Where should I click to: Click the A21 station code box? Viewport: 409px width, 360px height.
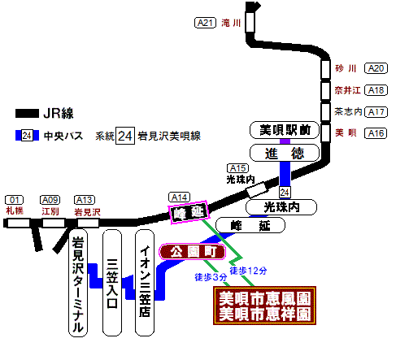click(205, 23)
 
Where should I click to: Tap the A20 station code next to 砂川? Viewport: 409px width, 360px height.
click(376, 68)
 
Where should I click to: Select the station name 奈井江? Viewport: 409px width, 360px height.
click(347, 90)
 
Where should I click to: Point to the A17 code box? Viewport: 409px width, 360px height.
click(376, 112)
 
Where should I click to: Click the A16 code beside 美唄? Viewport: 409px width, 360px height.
click(376, 133)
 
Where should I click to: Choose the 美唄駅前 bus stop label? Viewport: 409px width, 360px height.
click(285, 130)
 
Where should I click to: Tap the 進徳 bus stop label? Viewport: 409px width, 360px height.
click(285, 153)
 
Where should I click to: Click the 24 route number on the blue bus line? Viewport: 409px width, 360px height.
click(285, 193)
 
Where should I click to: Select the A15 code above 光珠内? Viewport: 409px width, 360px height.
click(237, 168)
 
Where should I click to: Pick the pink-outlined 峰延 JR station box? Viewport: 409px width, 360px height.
click(189, 212)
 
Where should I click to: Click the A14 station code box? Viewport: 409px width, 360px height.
click(179, 197)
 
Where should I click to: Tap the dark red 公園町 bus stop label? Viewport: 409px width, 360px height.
click(192, 252)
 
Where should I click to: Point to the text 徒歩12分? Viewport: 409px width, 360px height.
click(248, 271)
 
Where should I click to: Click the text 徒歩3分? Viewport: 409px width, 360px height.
click(211, 277)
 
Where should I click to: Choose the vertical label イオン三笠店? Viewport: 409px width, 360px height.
click(145, 283)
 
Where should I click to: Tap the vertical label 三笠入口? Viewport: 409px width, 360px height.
click(112, 283)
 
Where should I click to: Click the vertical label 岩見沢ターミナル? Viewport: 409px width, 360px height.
click(78, 283)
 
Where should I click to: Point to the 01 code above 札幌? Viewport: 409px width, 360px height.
click(14, 200)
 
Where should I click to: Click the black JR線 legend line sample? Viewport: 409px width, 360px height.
click(27, 114)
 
